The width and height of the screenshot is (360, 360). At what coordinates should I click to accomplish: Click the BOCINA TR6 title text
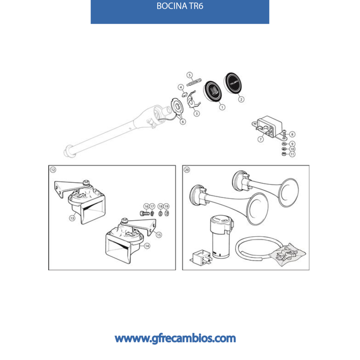[180, 6]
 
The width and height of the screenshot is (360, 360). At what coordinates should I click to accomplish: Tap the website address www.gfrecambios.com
[175, 339]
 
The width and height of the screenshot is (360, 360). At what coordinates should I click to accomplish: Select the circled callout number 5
[189, 75]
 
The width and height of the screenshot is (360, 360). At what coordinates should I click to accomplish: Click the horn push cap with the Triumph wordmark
[233, 83]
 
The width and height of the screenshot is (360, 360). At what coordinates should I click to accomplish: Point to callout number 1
[222, 107]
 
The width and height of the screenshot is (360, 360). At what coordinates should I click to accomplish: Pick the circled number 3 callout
[197, 114]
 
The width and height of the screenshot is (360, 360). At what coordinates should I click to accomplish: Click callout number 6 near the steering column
[183, 121]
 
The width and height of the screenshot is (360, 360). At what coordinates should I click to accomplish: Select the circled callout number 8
[292, 134]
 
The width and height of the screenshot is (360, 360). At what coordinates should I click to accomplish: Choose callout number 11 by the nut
[292, 154]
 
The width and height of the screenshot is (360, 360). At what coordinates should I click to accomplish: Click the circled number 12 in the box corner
[53, 170]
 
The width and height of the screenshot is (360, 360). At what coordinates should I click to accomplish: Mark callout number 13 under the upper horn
[72, 218]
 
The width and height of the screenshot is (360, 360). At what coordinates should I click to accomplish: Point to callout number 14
[147, 246]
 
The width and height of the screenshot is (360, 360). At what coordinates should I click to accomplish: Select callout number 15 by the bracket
[159, 235]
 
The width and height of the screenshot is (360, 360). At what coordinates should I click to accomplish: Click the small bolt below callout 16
[144, 213]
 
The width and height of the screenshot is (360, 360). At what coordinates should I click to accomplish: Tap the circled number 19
[166, 206]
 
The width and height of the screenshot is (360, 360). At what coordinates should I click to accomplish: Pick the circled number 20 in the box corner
[187, 170]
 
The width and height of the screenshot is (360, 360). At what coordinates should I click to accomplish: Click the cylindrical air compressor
[221, 236]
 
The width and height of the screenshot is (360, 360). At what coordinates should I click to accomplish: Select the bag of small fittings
[287, 255]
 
